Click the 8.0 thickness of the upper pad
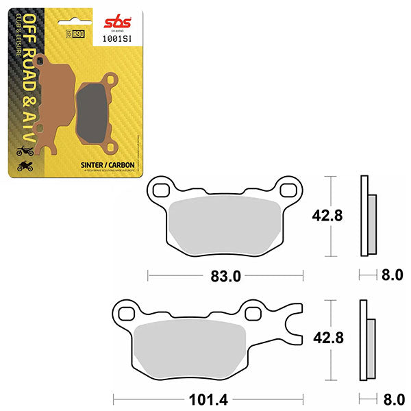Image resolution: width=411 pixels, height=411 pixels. [392, 277]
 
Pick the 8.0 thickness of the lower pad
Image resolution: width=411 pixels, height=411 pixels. [392, 397]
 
